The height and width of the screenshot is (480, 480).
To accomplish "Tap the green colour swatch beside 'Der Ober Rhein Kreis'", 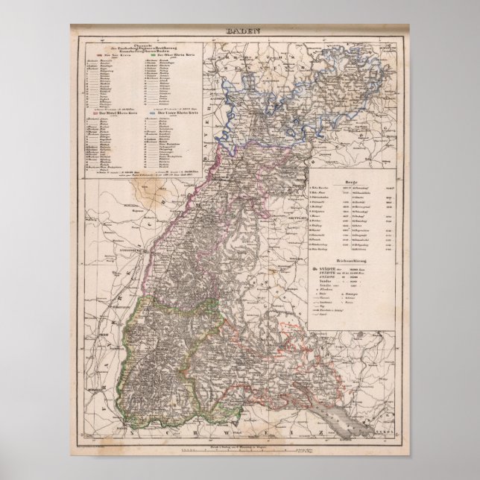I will (152, 55).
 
